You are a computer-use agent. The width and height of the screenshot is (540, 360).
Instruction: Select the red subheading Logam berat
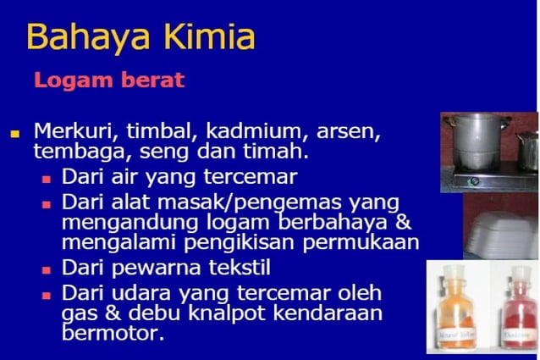108,81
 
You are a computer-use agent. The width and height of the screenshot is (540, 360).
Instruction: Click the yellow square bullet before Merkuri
14,133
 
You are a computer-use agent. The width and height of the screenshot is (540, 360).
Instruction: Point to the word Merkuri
75,133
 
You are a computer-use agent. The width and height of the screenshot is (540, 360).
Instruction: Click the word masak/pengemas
255,203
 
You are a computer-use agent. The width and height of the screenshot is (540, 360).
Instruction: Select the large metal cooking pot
479,148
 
